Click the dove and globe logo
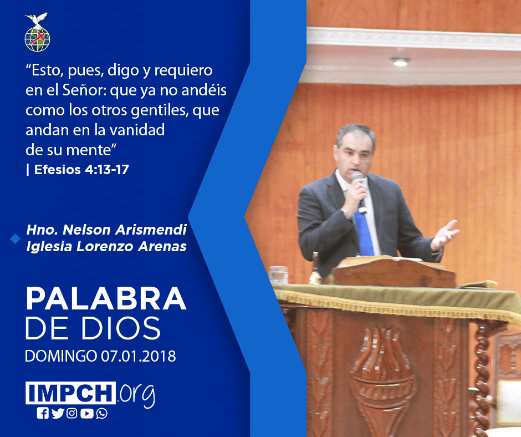click(37, 32)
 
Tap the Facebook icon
click(43, 413)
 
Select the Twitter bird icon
click(58, 413)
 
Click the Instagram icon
click(71, 413)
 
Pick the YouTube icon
click(86, 413)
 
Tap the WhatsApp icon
click(101, 413)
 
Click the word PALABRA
click(106, 299)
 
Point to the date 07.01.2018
click(139, 356)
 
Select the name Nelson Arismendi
click(125, 230)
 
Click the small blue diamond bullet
click(16, 238)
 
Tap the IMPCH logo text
click(70, 393)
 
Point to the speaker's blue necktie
click(365, 233)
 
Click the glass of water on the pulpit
click(278, 275)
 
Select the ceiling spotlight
click(400, 62)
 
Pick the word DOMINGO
click(61, 356)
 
